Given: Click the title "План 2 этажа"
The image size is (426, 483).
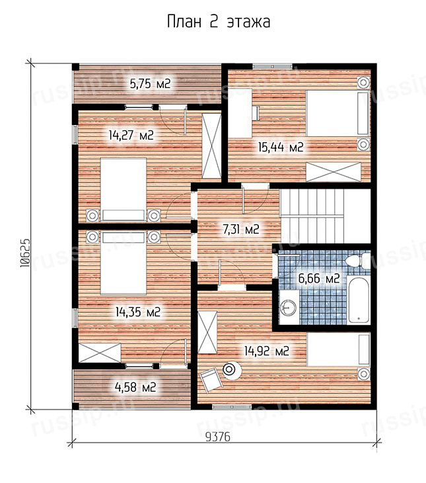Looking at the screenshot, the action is click(219, 22).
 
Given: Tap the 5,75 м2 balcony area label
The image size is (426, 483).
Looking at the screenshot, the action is click(150, 83).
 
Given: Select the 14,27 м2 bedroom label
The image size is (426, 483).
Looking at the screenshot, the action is click(131, 135).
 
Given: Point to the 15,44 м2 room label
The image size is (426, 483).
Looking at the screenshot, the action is click(281, 148).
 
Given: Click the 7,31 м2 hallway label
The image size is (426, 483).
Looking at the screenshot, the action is click(241, 229).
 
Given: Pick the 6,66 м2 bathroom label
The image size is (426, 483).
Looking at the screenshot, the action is click(319, 279).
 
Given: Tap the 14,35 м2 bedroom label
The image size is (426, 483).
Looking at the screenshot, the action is click(138, 312).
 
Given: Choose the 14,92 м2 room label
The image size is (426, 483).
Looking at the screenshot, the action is click(267, 351).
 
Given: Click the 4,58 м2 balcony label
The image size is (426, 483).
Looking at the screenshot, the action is click(135, 387).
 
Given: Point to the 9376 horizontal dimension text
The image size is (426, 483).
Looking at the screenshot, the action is click(218, 437).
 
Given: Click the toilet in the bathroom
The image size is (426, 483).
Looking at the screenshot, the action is click(358, 261).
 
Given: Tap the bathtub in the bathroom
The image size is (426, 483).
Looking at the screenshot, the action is click(358, 300).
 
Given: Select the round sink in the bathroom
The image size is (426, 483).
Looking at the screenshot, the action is click(288, 307).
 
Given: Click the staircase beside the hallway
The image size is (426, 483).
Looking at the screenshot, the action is click(326, 216).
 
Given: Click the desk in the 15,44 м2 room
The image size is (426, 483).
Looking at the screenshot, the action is click(240, 113).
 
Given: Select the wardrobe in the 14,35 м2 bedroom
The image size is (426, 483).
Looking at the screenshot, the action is click(100, 353).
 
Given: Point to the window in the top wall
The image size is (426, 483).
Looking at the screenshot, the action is click(272, 66).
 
